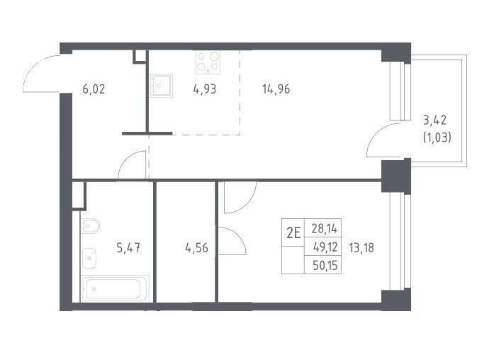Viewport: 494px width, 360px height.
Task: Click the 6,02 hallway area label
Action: (94, 90)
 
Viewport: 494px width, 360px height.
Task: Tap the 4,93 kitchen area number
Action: (205, 89)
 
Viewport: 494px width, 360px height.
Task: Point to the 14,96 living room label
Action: (276, 89)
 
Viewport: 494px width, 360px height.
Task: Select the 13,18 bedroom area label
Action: (361, 248)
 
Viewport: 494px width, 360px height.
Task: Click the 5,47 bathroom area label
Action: (128, 248)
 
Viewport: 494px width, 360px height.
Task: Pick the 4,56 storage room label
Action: (197, 248)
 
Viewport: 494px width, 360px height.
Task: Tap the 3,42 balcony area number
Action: (435, 120)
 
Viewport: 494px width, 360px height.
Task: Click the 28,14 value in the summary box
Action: (325, 229)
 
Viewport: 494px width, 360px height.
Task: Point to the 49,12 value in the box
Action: (325, 247)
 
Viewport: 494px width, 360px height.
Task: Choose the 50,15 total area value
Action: (325, 266)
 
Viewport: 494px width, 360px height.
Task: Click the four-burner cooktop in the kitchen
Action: (208, 62)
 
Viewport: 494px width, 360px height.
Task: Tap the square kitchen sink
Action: (161, 85)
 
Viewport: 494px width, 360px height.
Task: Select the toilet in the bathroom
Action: (90, 226)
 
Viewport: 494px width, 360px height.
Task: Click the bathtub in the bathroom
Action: (115, 289)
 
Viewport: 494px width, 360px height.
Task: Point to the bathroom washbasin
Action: (89, 258)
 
